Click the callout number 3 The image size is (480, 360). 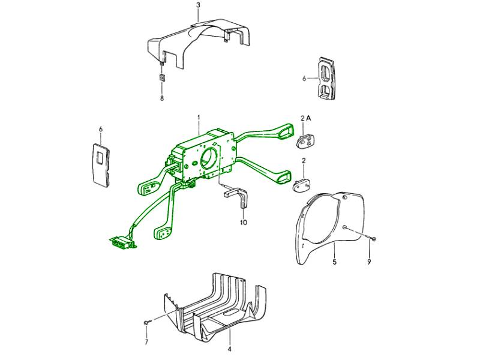coord(199,5)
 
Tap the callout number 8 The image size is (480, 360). coord(162,98)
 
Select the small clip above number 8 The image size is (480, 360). coord(162,77)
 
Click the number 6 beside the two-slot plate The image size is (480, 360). coord(304,79)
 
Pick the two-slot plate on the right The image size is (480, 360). coord(326,79)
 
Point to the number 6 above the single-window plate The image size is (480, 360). coord(101,129)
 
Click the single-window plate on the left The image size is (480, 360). coord(101,164)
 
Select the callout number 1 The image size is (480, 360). coord(199,118)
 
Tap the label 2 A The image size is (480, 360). coord(305,118)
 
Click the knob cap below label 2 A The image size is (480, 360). coord(307,142)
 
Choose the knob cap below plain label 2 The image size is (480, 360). coord(302,185)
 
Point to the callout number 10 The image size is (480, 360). coord(244,223)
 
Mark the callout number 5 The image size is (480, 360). coord(335,262)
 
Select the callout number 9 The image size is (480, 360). coord(369,262)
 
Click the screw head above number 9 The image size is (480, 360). coord(373,238)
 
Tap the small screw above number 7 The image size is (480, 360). coord(146,322)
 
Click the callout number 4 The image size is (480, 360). coord(230,349)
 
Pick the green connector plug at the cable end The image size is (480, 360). coord(122,242)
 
